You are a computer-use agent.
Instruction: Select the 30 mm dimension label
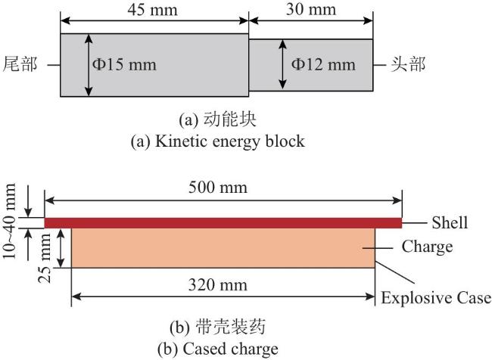tap(311, 9)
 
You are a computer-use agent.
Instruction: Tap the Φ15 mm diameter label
tap(124, 64)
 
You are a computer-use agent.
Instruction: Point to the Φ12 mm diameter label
tap(323, 64)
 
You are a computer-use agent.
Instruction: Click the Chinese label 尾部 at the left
tap(20, 64)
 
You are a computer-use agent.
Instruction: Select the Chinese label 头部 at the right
tap(408, 64)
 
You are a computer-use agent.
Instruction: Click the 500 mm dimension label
tap(218, 188)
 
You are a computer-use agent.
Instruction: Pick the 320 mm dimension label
tap(218, 285)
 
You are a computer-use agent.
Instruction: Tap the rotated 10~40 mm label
tap(9, 221)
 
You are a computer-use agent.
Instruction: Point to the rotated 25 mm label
tap(45, 258)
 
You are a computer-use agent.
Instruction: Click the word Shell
tap(450, 222)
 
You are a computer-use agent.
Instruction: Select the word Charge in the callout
tap(428, 247)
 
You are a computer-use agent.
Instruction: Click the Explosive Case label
tap(436, 297)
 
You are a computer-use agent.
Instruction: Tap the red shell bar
tap(223, 223)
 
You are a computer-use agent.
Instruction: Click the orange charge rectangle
tap(223, 248)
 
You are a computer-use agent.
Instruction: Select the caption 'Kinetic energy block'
tap(230, 141)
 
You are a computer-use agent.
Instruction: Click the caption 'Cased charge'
tap(230, 349)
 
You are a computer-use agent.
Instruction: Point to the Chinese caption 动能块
tap(229, 119)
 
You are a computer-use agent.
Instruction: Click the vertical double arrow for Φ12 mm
tap(283, 64)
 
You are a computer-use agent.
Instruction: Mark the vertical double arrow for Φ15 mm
tap(89, 65)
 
